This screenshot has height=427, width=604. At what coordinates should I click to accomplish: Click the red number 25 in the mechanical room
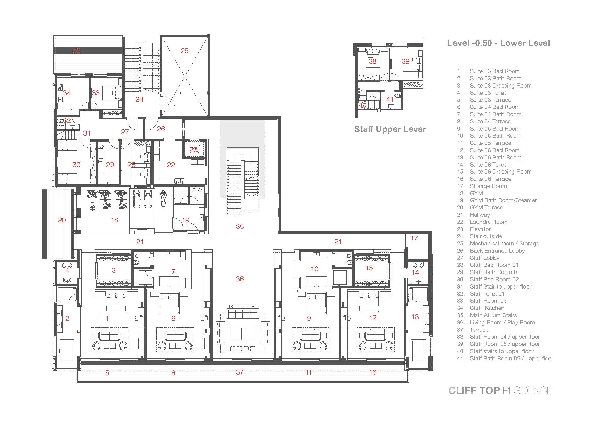(x=184, y=51)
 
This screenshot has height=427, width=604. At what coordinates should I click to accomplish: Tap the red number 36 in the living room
(x=240, y=279)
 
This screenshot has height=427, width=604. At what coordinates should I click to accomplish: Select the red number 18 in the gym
(x=114, y=220)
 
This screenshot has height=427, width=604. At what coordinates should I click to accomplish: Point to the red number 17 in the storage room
(x=414, y=238)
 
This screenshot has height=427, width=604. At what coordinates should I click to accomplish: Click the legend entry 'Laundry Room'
(x=489, y=222)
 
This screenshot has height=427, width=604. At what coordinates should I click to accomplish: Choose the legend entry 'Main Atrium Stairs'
(x=493, y=315)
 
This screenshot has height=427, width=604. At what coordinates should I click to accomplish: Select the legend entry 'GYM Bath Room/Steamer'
(x=503, y=200)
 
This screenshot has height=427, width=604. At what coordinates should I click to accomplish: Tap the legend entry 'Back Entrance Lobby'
(x=497, y=251)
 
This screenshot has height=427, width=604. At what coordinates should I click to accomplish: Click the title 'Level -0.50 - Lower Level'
(x=498, y=43)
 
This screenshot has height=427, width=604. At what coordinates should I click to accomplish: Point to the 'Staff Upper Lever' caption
(x=390, y=129)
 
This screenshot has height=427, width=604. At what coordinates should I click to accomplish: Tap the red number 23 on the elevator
(x=193, y=150)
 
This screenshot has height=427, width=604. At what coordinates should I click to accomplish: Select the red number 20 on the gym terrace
(x=62, y=220)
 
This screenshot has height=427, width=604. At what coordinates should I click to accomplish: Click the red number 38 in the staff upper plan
(x=373, y=61)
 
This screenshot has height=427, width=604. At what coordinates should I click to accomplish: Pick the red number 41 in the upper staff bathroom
(x=390, y=99)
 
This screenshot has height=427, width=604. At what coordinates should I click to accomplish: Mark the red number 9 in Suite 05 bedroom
(x=309, y=319)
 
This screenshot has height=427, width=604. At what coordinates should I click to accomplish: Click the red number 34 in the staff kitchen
(x=67, y=93)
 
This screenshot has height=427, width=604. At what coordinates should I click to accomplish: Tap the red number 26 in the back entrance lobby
(x=161, y=129)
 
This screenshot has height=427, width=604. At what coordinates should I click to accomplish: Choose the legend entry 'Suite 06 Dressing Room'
(x=501, y=172)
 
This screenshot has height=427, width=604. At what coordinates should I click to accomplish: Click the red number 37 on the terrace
(x=240, y=372)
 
